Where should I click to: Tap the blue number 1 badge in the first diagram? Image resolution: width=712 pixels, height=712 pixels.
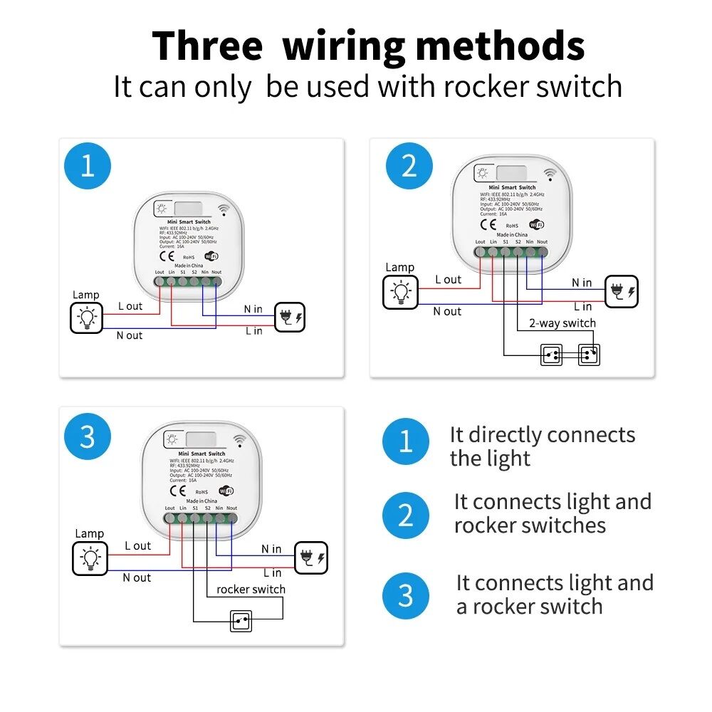coord(88,166)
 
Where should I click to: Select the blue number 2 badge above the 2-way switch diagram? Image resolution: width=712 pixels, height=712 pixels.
coord(409,166)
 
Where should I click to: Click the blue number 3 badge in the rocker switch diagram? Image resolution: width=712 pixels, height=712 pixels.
coord(88,436)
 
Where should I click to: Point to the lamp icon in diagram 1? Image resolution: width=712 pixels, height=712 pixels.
coord(87,318)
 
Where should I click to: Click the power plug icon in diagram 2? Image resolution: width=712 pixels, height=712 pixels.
coord(622,291)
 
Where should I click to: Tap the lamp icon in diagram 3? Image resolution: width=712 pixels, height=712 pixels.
coord(90,557)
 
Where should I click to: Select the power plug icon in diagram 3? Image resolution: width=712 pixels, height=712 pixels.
coord(312,557)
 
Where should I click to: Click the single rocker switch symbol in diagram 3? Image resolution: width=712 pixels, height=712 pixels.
coord(241,621)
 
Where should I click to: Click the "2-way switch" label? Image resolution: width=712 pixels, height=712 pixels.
coord(562,323)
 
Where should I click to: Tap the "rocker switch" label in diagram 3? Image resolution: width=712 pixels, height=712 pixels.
coord(251,589)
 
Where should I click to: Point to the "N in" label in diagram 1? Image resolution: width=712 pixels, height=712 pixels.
coord(253,309)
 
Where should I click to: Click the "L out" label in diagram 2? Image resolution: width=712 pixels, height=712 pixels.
coord(448,280)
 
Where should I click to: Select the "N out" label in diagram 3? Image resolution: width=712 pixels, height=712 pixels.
coord(137,577)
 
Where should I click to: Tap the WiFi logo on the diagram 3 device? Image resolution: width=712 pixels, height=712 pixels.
coord(225,491)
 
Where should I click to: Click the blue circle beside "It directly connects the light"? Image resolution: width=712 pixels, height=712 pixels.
coord(406,441)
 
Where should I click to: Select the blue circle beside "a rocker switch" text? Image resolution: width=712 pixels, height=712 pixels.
coord(406,595)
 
